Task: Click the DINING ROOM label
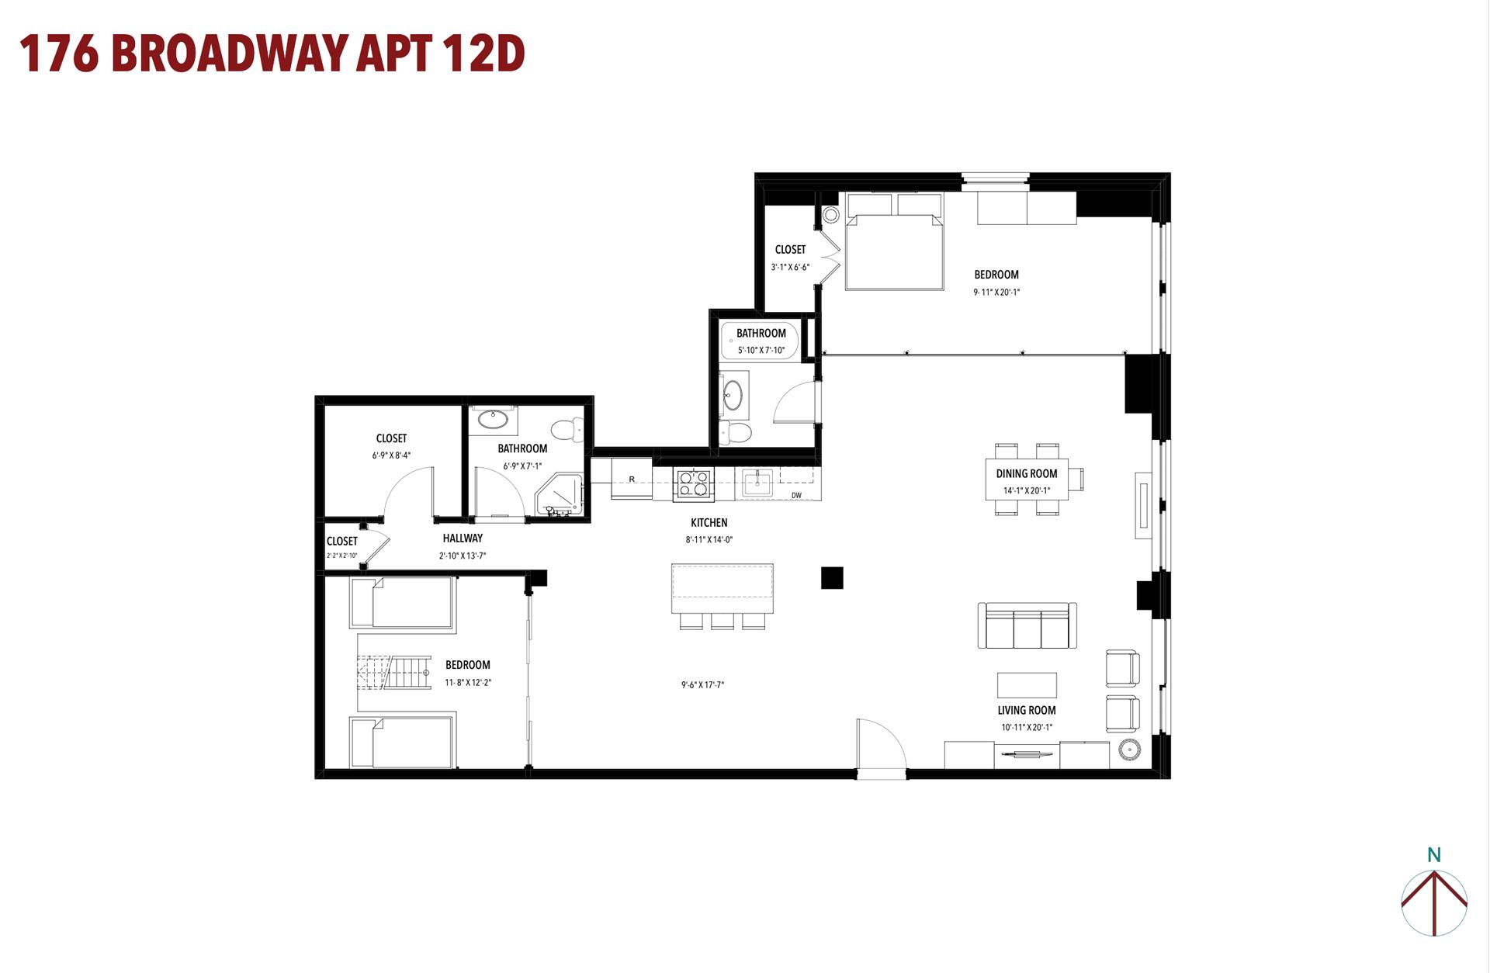pyautogui.click(x=1027, y=473)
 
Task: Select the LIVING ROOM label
pyautogui.click(x=1027, y=710)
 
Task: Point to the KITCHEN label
pyautogui.click(x=709, y=522)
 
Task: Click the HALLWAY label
pyautogui.click(x=463, y=538)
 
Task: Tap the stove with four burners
pyautogui.click(x=693, y=483)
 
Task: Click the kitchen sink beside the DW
pyautogui.click(x=757, y=483)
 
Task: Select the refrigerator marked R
pyautogui.click(x=632, y=479)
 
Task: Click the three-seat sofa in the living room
pyautogui.click(x=1027, y=625)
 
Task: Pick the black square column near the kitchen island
pyautogui.click(x=832, y=578)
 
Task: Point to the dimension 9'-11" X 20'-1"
pyautogui.click(x=996, y=293)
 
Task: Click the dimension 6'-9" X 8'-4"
pyautogui.click(x=391, y=455)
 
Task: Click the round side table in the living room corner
pyautogui.click(x=1129, y=750)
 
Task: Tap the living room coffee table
pyautogui.click(x=1027, y=685)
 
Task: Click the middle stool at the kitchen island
pyautogui.click(x=722, y=621)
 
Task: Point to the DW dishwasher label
pyautogui.click(x=796, y=495)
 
